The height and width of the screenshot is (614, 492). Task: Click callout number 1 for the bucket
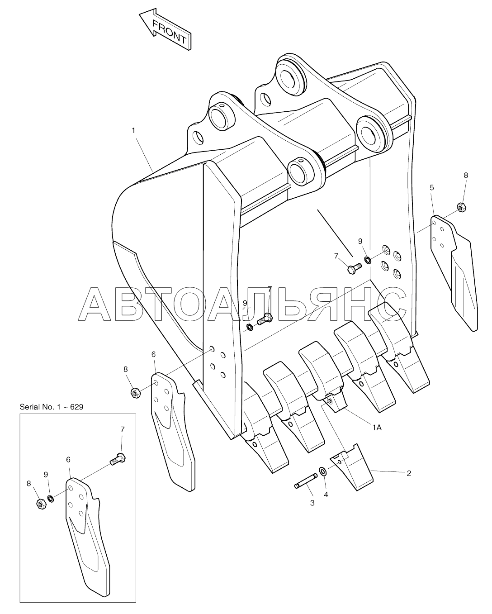[x=133, y=130]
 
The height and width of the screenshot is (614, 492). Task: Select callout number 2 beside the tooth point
[x=409, y=473]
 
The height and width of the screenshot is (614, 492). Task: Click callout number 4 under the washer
[x=326, y=495]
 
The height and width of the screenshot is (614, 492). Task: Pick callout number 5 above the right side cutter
[x=432, y=187]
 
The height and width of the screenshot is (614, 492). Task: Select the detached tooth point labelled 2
[x=352, y=468]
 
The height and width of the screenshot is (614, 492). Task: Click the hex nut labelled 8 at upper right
[x=462, y=207]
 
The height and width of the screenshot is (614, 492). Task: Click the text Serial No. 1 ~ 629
[x=51, y=407]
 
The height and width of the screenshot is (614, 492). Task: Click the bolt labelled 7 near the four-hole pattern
[x=353, y=269]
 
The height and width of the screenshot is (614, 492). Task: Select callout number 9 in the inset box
[x=46, y=475]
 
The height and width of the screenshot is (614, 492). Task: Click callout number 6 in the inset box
[x=68, y=459]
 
